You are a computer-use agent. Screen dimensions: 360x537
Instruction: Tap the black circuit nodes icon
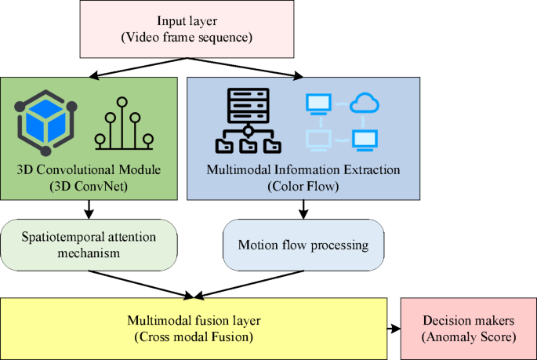[124, 124]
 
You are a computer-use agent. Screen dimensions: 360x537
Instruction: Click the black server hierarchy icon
[248, 121]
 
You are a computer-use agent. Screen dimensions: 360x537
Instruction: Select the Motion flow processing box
[304, 245]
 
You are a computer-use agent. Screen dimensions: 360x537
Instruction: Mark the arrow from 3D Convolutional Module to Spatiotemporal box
[89, 209]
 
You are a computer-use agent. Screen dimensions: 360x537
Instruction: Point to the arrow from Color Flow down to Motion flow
[303, 209]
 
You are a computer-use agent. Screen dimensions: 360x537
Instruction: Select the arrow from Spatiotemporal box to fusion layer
[141, 285]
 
